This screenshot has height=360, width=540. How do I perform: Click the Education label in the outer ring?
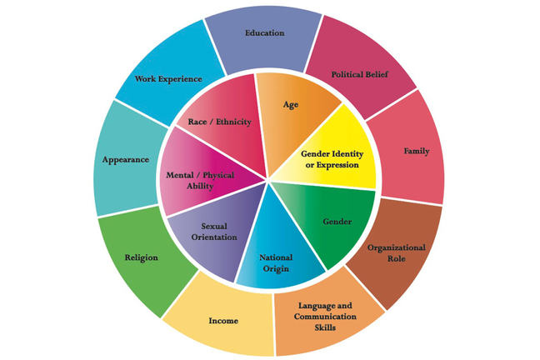coord(265,33)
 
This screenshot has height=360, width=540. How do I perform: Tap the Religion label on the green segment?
coord(140,257)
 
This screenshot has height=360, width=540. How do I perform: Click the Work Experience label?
coord(169,79)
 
